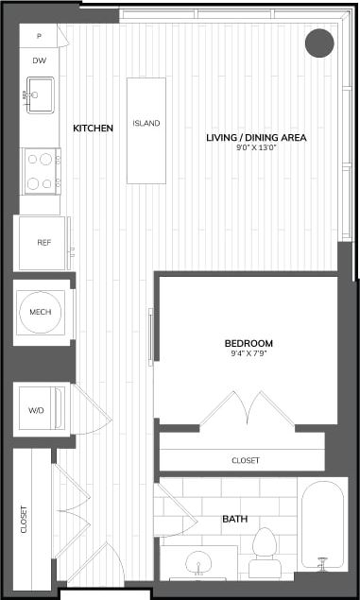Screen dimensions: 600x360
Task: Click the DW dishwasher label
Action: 39,60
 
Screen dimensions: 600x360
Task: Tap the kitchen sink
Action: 41,94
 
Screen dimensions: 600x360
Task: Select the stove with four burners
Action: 41,170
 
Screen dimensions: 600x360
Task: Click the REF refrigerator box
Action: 43,243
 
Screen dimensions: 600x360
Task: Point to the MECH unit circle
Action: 41,311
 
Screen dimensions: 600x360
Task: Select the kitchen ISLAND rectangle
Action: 146,129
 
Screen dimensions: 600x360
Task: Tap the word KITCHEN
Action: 94,128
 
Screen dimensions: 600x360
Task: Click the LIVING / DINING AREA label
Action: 257,137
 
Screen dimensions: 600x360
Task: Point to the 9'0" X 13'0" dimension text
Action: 257,147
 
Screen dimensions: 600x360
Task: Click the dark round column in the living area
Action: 320,43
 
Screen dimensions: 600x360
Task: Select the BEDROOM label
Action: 249,342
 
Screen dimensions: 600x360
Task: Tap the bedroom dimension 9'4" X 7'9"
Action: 249,353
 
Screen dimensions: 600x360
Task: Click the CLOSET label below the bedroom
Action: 246,460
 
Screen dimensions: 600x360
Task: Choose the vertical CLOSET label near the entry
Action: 24,520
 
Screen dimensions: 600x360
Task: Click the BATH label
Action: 234,520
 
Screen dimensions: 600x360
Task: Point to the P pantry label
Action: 39,36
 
